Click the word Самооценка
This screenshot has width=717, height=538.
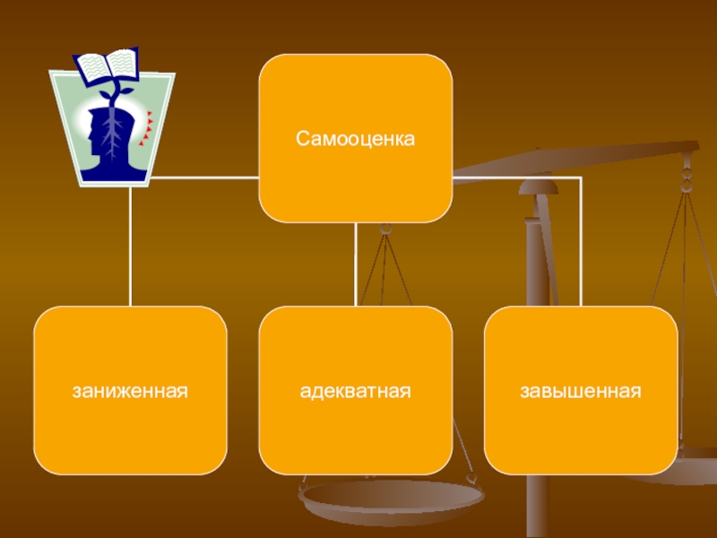click(355, 140)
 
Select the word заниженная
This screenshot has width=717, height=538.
click(130, 392)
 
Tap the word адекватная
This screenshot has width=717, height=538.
click(355, 392)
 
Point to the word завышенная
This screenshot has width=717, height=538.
click(580, 392)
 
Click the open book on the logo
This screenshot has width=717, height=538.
click(107, 66)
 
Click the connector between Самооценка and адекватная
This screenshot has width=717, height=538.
click(356, 265)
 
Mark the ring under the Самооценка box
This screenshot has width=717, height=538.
click(386, 230)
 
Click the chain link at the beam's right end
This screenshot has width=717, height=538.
click(687, 170)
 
